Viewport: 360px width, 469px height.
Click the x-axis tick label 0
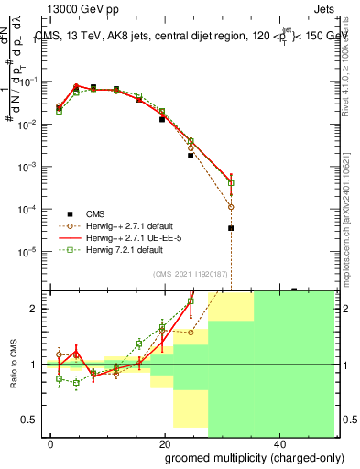50,442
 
